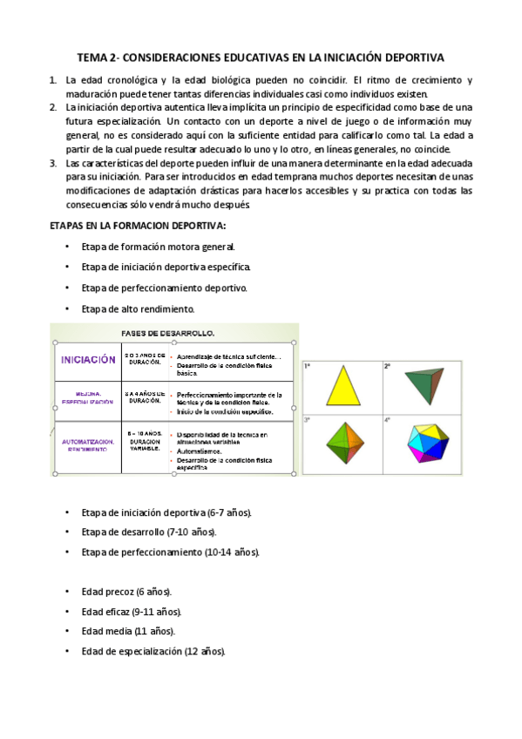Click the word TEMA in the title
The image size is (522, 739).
(x=92, y=58)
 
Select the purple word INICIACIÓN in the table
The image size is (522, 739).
(x=87, y=359)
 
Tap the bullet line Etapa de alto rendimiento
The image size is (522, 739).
(x=138, y=308)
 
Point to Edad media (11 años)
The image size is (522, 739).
(x=128, y=631)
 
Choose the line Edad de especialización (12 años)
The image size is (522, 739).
(x=153, y=651)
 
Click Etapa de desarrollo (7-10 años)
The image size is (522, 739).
(x=149, y=532)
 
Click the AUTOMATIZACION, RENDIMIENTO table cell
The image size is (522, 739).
(x=87, y=446)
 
